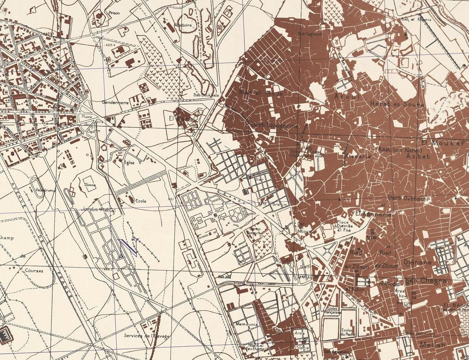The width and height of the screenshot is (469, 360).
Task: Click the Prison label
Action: pyautogui.click(x=115, y=13)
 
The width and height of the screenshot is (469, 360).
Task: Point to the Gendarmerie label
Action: pyautogui.click(x=115, y=102)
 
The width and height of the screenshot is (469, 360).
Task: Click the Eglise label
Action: pyautogui.click(x=129, y=163)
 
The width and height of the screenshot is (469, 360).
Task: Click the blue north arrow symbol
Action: pyautogui.click(x=128, y=247)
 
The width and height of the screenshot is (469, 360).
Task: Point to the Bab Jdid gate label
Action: pyautogui.click(x=224, y=277)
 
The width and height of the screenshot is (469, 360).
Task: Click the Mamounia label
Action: pyautogui.click(x=246, y=324)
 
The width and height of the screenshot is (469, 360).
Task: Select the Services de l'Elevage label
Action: pyautogui.click(x=147, y=336)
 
